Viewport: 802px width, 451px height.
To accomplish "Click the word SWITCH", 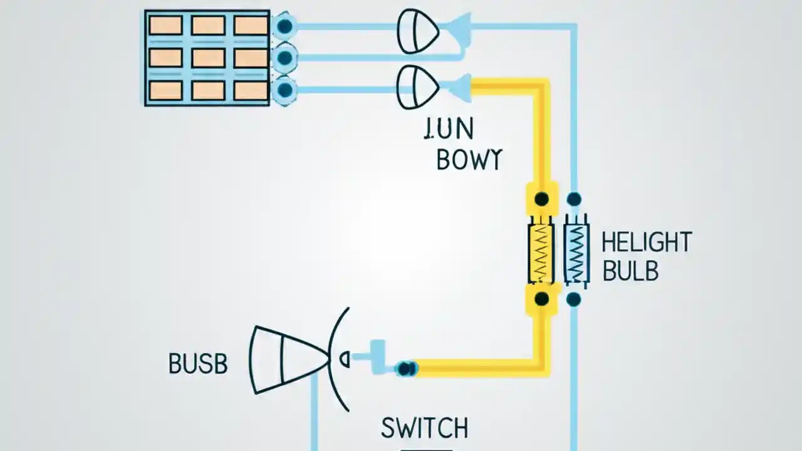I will coord(424,428).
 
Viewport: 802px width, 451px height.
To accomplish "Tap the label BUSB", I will coord(198,364).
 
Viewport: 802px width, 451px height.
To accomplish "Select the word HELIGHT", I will coord(646,242).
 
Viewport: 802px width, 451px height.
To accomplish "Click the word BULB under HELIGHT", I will coord(630,271).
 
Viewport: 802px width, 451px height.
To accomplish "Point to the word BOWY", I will coord(469,160).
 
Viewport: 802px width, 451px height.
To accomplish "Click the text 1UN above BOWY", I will coord(449,130).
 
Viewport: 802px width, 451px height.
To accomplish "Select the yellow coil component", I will coord(541,253).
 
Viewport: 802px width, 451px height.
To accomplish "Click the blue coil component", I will coord(576,253).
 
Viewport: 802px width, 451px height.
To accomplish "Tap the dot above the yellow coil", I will coord(541,200).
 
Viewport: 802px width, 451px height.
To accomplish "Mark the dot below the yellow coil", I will coord(541,299).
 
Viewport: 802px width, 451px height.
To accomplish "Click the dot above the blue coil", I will coord(574,200).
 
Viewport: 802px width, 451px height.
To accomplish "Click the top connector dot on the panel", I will coord(285,26).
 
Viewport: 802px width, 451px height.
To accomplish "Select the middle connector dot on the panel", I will coord(285,58).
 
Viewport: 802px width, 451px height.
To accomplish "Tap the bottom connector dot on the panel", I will coord(285,90).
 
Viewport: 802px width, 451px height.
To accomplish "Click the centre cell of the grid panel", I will coord(208,58).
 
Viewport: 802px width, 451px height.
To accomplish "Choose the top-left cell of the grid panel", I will coord(165,26).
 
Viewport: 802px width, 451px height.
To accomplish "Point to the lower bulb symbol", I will coord(418,86).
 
